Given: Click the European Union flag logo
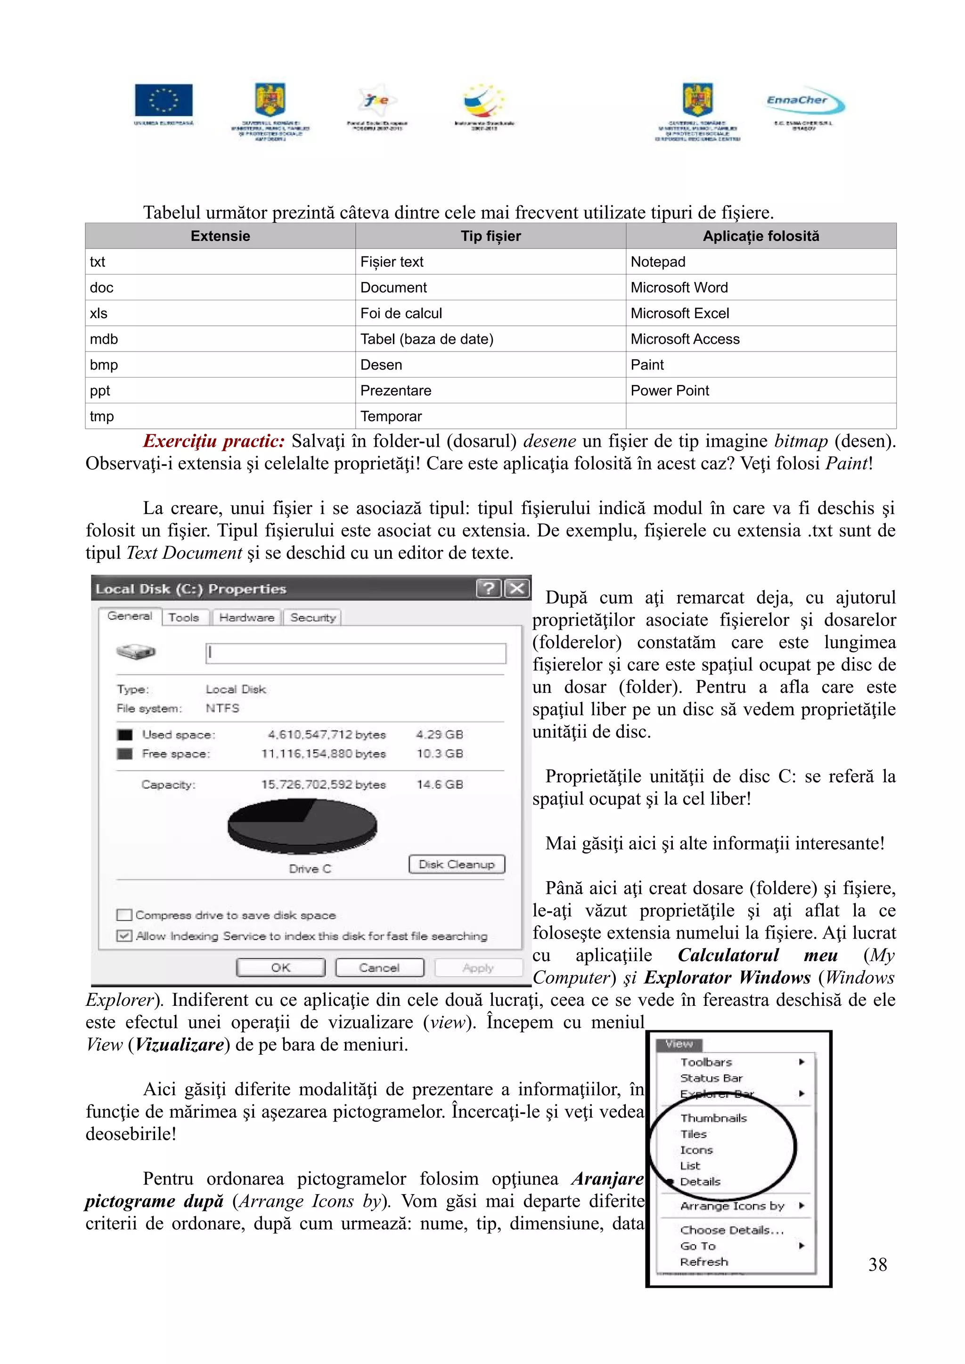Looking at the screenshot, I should coord(164,100).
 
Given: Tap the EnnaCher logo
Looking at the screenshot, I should coord(804,102).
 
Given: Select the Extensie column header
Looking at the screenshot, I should coord(220,236).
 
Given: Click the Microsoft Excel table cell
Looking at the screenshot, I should coord(679,313).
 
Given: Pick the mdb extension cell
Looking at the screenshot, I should coord(104,339).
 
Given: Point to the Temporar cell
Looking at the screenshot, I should coord(391,417).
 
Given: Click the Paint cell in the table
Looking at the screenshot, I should coord(647,365).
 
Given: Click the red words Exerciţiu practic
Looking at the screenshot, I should coord(213,441).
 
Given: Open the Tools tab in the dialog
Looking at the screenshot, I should coord(184,617).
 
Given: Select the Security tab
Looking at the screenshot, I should coord(313,617).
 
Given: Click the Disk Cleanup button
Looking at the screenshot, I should coord(456,864).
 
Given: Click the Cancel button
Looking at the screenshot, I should coord(379,968).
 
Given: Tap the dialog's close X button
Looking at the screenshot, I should coord(517,588).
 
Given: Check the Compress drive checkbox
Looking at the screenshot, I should coord(124,915).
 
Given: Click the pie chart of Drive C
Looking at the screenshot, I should coord(302,826).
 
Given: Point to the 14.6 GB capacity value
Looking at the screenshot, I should coord(440,784).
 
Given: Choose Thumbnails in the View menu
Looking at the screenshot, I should coord(713,1118).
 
